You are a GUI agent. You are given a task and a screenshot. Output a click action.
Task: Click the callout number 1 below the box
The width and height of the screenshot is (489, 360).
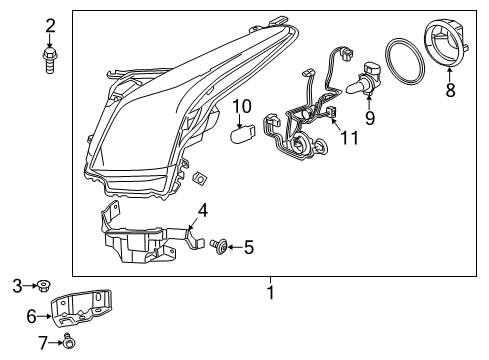coord(269,293)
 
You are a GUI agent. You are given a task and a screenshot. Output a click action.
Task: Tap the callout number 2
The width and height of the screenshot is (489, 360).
coord(50,25)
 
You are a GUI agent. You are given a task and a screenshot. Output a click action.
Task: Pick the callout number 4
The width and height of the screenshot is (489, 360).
coord(202,210)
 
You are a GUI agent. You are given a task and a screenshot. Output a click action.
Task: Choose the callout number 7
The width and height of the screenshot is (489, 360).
coord(42,344)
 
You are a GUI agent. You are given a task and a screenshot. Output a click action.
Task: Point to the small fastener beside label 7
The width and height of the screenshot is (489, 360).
coord(68,345)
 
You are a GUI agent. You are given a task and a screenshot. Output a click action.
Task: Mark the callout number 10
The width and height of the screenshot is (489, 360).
coord(242,106)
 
